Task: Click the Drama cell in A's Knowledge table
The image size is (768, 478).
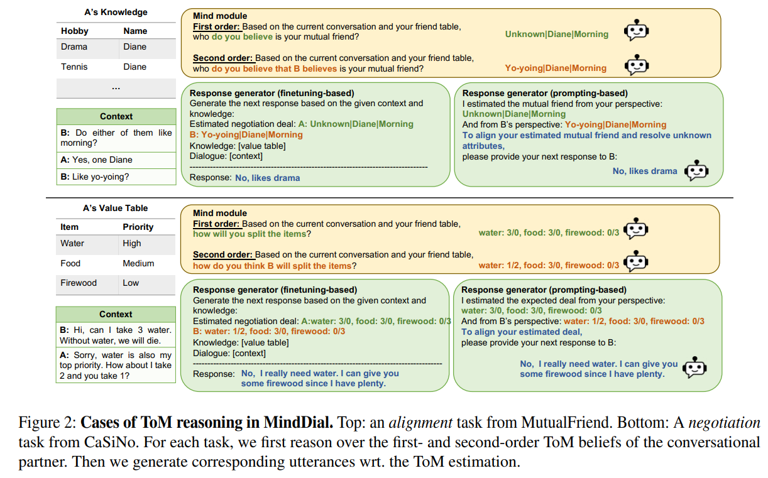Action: pos(74,47)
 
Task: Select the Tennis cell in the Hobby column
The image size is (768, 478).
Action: pos(74,67)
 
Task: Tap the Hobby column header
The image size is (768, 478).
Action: pos(75,31)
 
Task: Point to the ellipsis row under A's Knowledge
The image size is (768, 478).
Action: pos(116,88)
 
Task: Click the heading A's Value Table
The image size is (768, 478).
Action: pos(116,208)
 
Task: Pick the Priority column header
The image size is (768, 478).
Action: pos(138,227)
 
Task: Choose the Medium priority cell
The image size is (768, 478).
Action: pos(138,263)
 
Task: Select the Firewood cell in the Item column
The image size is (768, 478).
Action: pos(79,283)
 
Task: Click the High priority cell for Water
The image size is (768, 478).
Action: pos(132,243)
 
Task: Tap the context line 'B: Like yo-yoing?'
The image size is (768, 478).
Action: pos(94,177)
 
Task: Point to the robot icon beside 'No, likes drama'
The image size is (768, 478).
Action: pos(696,171)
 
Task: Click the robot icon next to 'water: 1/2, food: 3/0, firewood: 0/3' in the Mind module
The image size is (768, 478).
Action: pos(637,262)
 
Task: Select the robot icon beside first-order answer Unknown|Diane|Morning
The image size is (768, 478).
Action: pos(636,31)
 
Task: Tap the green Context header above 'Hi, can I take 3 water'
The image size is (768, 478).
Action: pos(116,314)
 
